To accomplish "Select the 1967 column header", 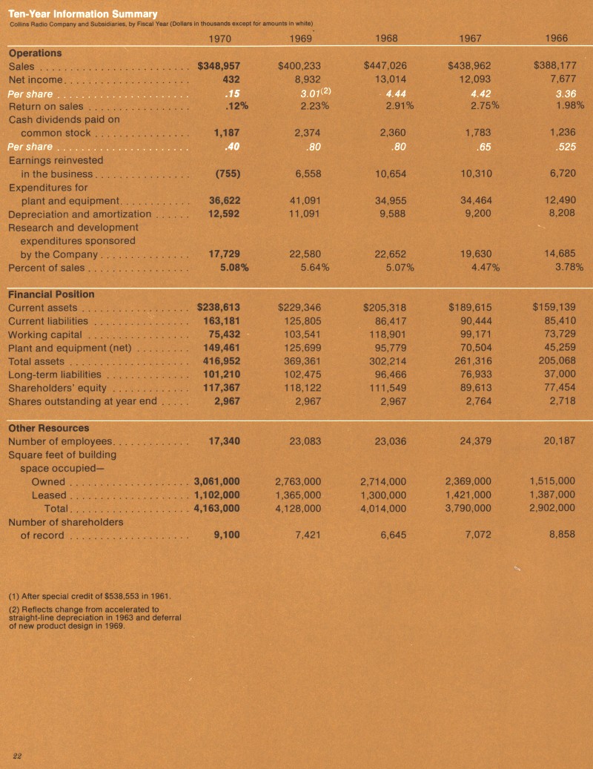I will [472, 38].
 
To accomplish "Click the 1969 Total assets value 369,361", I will [302, 361].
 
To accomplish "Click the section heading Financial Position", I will [51, 294].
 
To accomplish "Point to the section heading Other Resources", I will [48, 428].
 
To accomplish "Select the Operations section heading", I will [35, 53].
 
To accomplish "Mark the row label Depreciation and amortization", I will [79, 214].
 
